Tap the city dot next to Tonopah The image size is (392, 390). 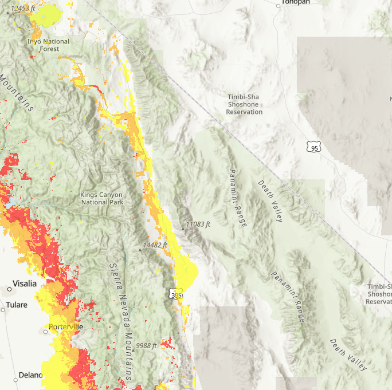(278, 6)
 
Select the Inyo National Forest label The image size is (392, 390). (49, 45)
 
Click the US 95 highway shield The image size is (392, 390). (313, 147)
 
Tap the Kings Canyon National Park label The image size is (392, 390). (101, 198)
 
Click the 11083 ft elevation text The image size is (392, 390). (198, 224)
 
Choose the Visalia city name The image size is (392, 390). (21, 284)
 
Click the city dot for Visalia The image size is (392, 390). (10, 290)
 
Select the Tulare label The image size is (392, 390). (17, 305)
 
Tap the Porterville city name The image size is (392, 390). (66, 326)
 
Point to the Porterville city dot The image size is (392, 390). (45, 332)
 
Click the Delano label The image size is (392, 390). (30, 375)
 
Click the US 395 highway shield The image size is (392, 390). (176, 294)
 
